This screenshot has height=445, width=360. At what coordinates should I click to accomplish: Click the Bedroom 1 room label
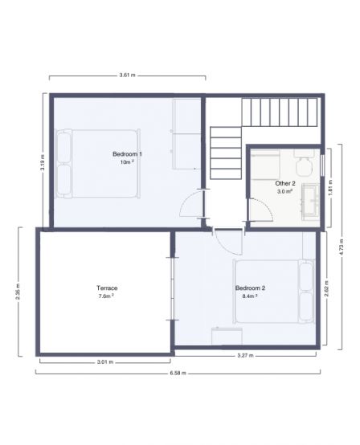[x=127, y=153]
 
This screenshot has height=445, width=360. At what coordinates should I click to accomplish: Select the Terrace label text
[x=108, y=288]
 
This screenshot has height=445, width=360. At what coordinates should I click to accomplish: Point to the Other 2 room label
[x=285, y=183]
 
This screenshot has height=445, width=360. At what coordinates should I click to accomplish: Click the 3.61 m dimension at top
[x=126, y=74]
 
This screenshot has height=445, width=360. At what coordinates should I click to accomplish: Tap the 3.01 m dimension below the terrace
[x=105, y=362]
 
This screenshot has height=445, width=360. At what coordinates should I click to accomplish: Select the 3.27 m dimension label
[x=246, y=356]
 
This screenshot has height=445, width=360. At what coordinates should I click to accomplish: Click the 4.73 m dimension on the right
[x=342, y=243]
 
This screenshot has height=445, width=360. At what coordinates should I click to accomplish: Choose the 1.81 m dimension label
[x=330, y=186]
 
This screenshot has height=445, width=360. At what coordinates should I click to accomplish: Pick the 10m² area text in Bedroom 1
[x=126, y=162]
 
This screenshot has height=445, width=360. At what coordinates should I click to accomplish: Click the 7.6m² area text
[x=107, y=296]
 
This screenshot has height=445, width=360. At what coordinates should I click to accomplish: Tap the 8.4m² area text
[x=250, y=296]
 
